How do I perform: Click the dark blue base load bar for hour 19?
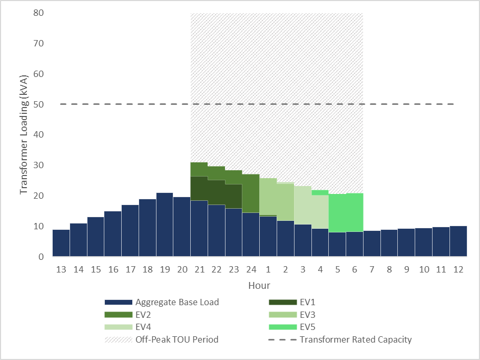click(x=164, y=225)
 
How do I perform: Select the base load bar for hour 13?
click(x=61, y=243)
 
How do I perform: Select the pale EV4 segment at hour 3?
click(x=302, y=205)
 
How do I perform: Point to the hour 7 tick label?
click(x=371, y=270)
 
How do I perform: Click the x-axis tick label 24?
click(x=251, y=270)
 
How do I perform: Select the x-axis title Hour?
click(x=259, y=286)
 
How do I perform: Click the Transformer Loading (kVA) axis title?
click(x=24, y=134)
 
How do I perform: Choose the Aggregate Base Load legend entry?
click(x=177, y=303)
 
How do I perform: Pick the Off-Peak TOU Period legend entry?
click(x=177, y=339)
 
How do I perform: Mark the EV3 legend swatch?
click(x=282, y=315)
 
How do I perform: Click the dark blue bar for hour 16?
click(x=113, y=233)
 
